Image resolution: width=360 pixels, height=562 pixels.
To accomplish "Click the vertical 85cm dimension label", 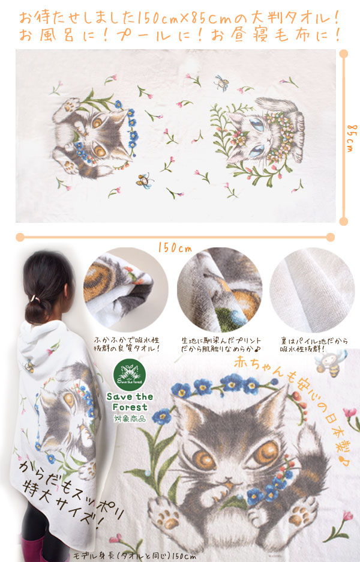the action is point(352,138).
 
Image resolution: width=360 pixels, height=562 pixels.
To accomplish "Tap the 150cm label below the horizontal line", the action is point(175,247).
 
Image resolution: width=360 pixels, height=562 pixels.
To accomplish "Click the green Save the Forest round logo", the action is point(130,375).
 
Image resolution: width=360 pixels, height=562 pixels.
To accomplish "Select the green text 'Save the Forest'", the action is point(130,402).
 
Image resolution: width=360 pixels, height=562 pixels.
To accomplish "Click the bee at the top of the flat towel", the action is point(221,83).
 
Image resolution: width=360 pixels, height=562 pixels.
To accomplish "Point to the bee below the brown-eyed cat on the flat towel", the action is point(145,180).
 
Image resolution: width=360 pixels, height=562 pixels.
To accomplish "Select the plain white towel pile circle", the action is point(311,290).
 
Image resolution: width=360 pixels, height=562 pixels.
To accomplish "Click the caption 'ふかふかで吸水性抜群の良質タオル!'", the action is point(127,344).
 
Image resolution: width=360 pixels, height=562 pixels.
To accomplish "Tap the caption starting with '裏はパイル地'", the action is point(314,345).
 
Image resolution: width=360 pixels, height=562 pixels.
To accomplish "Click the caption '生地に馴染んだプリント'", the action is point(221,340).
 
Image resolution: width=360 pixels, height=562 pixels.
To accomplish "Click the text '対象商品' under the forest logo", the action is point(130,418).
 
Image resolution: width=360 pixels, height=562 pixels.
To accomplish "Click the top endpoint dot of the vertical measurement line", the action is point(344,54).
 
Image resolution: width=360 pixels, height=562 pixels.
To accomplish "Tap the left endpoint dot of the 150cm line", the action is point(20,237).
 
